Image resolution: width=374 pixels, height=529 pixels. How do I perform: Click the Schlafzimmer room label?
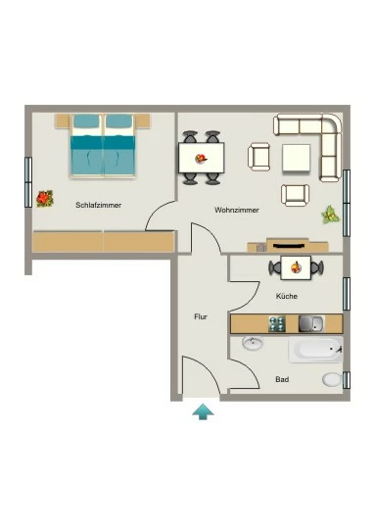[99, 205]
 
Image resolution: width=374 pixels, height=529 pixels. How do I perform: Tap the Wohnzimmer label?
[237, 210]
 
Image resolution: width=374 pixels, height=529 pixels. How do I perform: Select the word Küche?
[287, 296]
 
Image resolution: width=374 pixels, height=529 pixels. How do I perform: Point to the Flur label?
[201, 316]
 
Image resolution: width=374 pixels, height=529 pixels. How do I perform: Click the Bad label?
[282, 379]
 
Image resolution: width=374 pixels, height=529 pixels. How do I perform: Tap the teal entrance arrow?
[203, 411]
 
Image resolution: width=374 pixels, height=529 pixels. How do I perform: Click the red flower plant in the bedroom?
[45, 199]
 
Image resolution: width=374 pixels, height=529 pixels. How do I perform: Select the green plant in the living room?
[330, 215]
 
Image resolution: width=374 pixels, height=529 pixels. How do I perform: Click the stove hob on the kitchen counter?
[277, 324]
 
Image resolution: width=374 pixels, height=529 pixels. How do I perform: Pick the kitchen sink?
[311, 324]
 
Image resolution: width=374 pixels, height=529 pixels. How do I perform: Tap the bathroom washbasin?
[253, 344]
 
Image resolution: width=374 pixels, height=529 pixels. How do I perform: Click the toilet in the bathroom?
[332, 380]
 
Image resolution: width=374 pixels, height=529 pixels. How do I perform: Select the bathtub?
[315, 350]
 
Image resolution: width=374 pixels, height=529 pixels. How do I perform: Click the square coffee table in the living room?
[296, 158]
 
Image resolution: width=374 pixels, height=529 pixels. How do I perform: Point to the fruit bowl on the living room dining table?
[201, 159]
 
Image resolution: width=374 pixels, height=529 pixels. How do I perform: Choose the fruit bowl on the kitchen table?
[296, 267]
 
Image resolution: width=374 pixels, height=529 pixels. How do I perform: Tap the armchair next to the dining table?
[259, 157]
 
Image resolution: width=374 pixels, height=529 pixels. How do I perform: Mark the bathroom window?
[347, 380]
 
